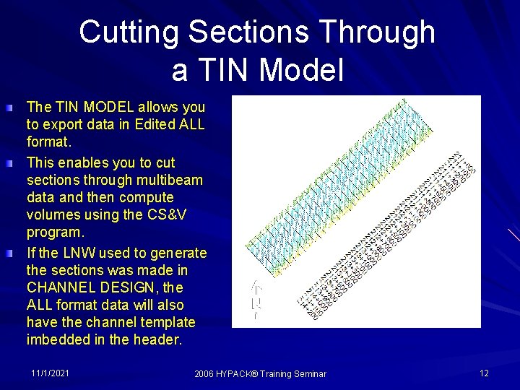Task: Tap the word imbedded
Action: (57, 339)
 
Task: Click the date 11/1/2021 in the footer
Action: (51, 373)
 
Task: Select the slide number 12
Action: (484, 373)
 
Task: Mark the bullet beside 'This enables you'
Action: (7, 164)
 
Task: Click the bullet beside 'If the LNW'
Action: (7, 254)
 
